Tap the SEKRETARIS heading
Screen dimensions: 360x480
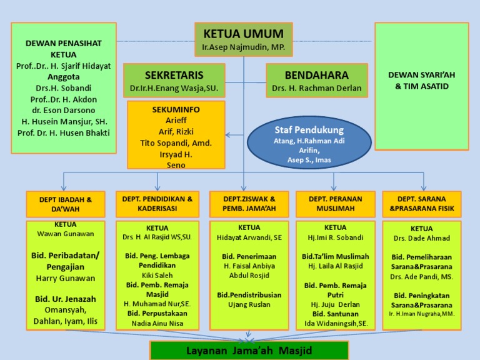174,75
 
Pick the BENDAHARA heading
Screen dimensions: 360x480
317,75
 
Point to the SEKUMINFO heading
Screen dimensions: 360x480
176,109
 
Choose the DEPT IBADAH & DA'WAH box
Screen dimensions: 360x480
66,204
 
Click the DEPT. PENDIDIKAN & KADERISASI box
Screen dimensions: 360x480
157,204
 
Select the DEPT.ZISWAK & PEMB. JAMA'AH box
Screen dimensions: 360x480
249,204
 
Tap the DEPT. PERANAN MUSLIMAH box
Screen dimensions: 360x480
335,204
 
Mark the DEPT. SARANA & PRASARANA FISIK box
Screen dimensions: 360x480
422,204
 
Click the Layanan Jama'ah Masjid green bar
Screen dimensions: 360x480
248,351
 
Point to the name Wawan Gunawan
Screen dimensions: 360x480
66,234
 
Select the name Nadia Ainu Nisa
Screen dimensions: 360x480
157,323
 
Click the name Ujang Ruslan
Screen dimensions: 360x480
249,304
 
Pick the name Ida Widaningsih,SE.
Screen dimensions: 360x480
335,323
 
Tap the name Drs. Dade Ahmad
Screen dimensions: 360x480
422,239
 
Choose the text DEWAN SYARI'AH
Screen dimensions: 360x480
422,74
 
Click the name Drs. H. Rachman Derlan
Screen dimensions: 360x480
317,88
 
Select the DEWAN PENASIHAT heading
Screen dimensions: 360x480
63,43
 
